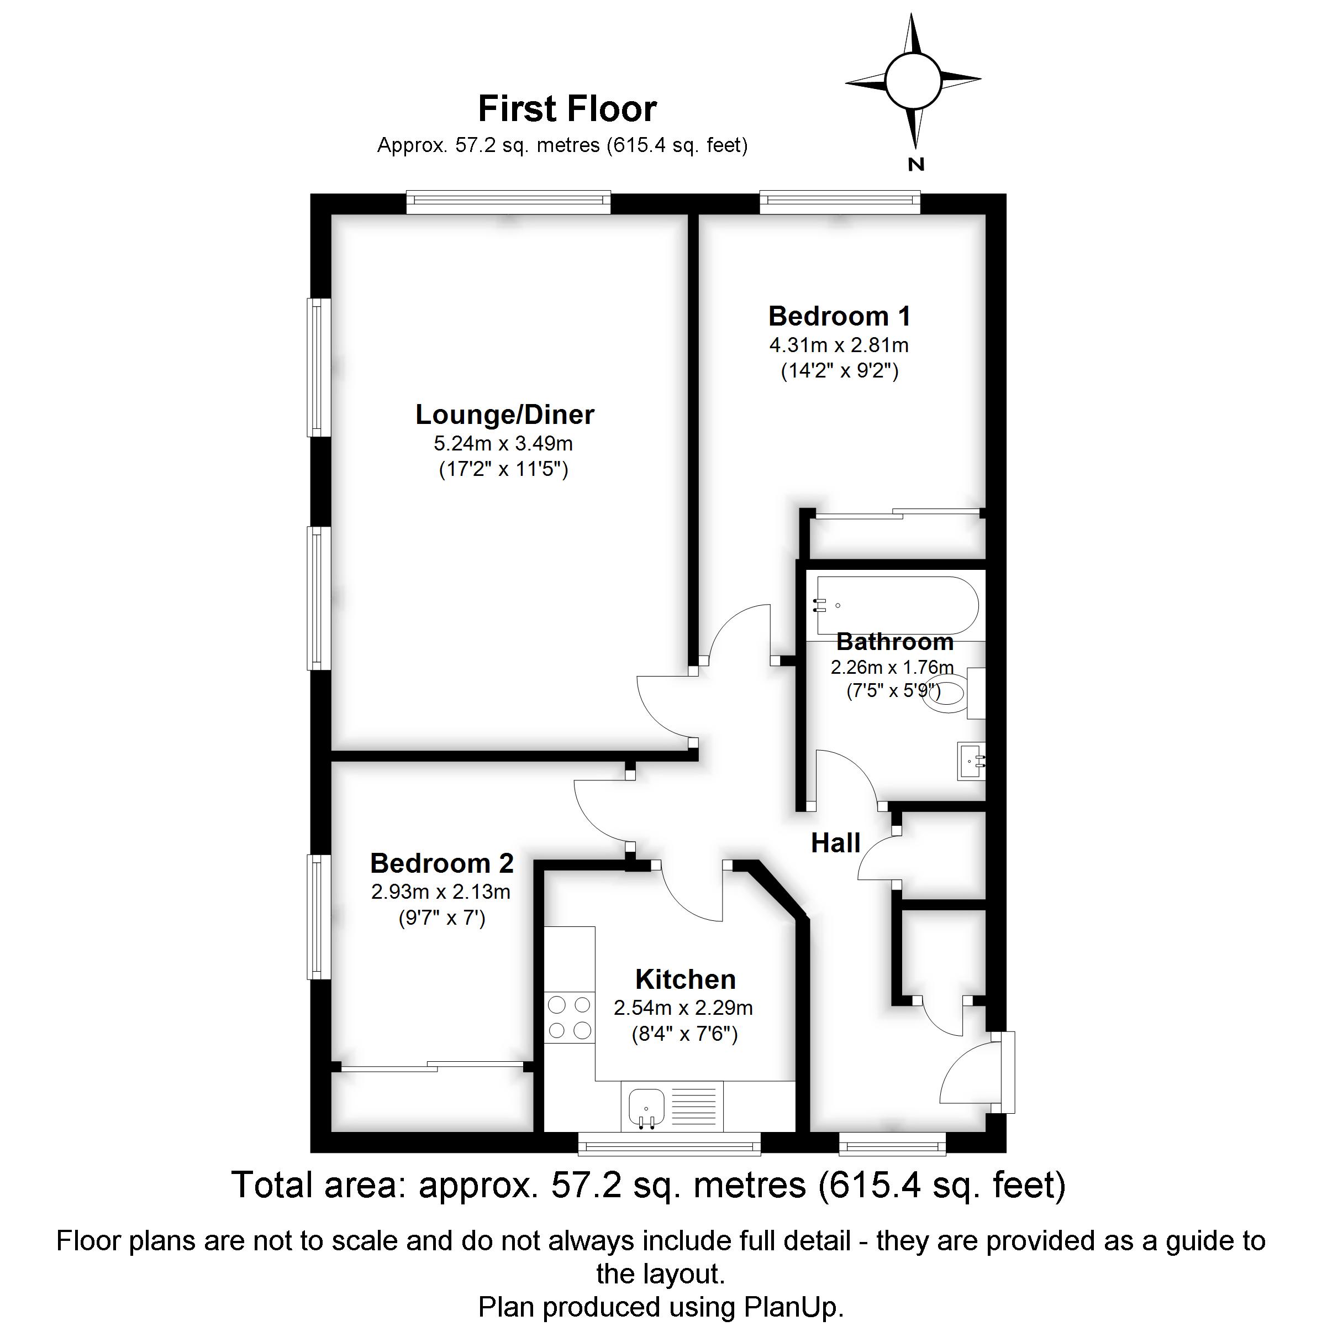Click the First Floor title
(x=567, y=108)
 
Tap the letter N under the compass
(x=916, y=165)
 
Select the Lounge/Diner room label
(x=504, y=415)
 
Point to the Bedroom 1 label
(x=839, y=316)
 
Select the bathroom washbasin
(x=971, y=761)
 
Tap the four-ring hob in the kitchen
(x=568, y=1017)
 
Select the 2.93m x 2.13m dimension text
(x=440, y=892)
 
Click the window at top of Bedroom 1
(x=840, y=201)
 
